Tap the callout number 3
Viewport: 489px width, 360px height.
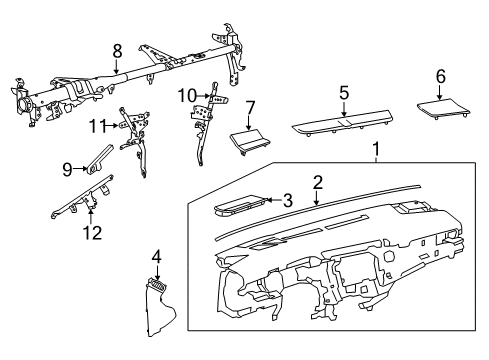coord(289,201)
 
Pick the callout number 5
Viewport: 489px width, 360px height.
coord(343,93)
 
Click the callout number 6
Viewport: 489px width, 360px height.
coord(440,76)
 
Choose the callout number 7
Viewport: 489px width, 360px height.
coord(251,106)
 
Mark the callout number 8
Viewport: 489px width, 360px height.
coord(117,49)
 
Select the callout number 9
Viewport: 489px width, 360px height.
coord(68,169)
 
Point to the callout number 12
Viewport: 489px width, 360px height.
coord(92,233)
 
